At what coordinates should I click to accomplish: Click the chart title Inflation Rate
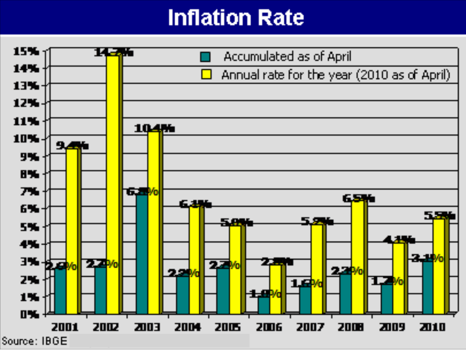coord(236,18)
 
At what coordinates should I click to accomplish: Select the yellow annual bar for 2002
coord(112,185)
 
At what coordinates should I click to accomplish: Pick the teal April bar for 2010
coord(427,287)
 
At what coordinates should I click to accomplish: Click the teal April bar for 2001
coord(60,291)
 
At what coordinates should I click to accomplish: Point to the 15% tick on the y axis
coord(26,51)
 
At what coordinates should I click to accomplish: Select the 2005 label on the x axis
coord(228,327)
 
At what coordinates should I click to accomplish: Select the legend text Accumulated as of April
coord(287,57)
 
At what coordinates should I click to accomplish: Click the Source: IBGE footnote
coord(34,341)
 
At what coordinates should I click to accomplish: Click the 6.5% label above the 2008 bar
coord(358,199)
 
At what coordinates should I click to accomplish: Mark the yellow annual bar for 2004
coord(194,260)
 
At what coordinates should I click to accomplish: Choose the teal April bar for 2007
coord(305,300)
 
